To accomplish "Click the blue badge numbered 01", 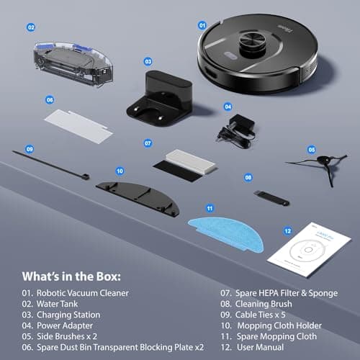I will click(x=202, y=24).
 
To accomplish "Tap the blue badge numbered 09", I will click(x=30, y=149).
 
